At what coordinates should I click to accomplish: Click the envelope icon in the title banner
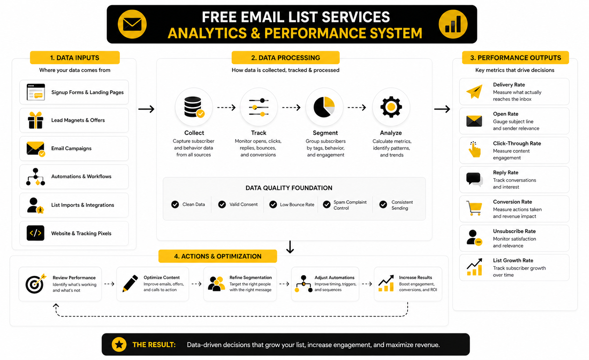click(132, 24)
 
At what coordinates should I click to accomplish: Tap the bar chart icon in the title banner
click(453, 24)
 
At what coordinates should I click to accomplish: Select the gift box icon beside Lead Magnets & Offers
click(36, 120)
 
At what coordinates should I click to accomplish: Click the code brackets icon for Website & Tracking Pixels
click(36, 233)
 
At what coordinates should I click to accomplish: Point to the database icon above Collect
click(194, 107)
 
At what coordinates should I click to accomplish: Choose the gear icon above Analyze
click(391, 107)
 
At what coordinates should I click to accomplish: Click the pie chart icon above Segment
click(324, 107)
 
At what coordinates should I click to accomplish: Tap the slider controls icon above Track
click(259, 107)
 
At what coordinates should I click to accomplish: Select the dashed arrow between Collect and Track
click(226, 108)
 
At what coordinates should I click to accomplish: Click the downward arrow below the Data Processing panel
click(290, 247)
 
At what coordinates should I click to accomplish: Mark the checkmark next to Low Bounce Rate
click(273, 205)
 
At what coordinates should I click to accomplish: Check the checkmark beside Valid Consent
click(222, 205)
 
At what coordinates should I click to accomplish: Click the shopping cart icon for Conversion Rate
click(474, 208)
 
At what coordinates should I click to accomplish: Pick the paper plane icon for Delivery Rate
click(474, 91)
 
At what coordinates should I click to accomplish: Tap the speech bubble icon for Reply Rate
click(474, 179)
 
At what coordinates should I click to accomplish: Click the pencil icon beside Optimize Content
click(130, 284)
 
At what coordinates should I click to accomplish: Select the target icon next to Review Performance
click(35, 284)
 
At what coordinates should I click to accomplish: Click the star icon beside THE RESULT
click(119, 345)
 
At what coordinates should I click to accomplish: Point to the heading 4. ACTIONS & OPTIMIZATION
click(218, 256)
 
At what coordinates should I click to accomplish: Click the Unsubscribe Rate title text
click(514, 231)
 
